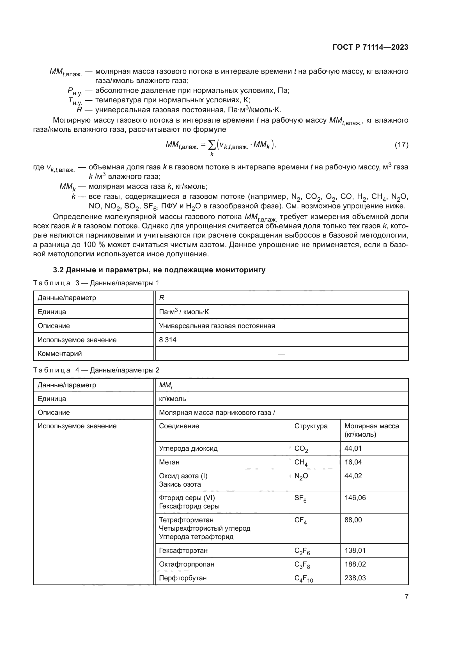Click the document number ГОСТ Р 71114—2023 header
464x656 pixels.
tap(370, 47)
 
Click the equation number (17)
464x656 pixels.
tap(401, 145)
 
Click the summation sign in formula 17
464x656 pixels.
tap(212, 146)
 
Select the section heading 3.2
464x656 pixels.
tap(159, 270)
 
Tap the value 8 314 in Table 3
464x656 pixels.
tap(168, 340)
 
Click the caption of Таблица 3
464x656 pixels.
tap(96, 283)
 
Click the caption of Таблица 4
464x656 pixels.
tap(96, 370)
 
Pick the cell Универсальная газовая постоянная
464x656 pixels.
tap(217, 326)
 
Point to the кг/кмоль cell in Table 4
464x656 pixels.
tap(172, 399)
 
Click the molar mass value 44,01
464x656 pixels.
tap(353, 448)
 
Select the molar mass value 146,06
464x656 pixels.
tap(355, 498)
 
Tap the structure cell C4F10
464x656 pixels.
tap(304, 578)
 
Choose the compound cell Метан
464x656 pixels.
tap(169, 462)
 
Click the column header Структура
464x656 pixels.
tap(311, 426)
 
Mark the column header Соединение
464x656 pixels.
tap(179, 426)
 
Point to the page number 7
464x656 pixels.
tap(406, 597)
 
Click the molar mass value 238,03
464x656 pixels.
tap(355, 578)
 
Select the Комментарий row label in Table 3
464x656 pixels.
tap(60, 354)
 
